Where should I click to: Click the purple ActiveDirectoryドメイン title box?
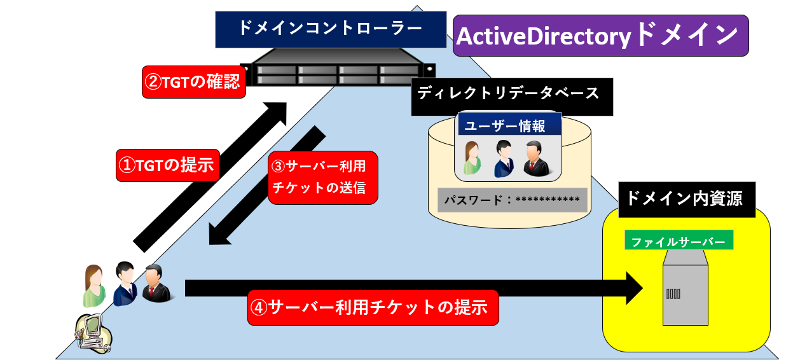point(600,36)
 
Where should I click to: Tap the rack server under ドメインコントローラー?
point(338,71)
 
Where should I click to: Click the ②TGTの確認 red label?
point(193,82)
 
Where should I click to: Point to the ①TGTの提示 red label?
point(168,165)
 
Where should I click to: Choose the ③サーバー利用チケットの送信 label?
point(322,177)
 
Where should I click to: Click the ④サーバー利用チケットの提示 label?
point(372,308)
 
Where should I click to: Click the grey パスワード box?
point(512,200)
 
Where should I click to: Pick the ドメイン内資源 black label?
point(687,198)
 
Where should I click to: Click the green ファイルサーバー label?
point(679,241)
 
